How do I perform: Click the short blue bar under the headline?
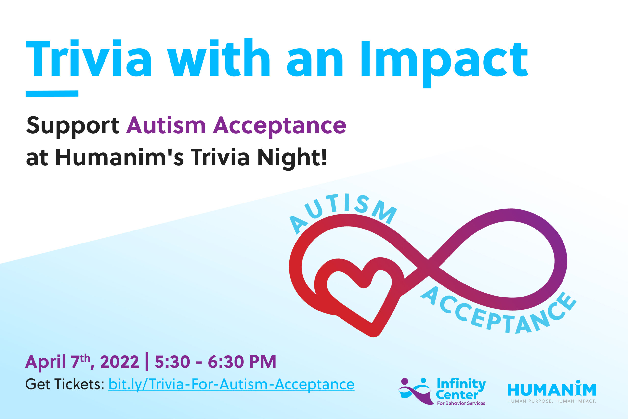pyautogui.click(x=52, y=94)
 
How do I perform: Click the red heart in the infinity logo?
pyautogui.click(x=359, y=294)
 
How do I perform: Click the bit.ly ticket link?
pyautogui.click(x=231, y=385)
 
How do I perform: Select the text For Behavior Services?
pyautogui.click(x=461, y=403)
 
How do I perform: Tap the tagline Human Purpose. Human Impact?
pyautogui.click(x=551, y=401)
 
